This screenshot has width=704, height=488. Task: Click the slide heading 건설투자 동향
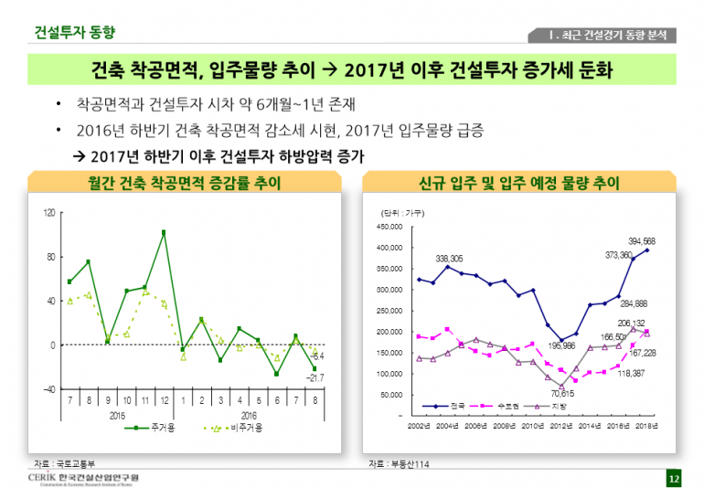pos(75,32)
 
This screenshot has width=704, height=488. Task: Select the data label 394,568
pos(641,240)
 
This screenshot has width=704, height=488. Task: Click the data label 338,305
pos(449,259)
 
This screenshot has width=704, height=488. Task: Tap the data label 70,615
pos(562,393)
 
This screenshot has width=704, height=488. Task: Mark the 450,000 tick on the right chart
pos(389,227)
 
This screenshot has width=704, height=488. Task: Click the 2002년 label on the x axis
pos(419,427)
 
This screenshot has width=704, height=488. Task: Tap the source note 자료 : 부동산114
pos(400,464)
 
